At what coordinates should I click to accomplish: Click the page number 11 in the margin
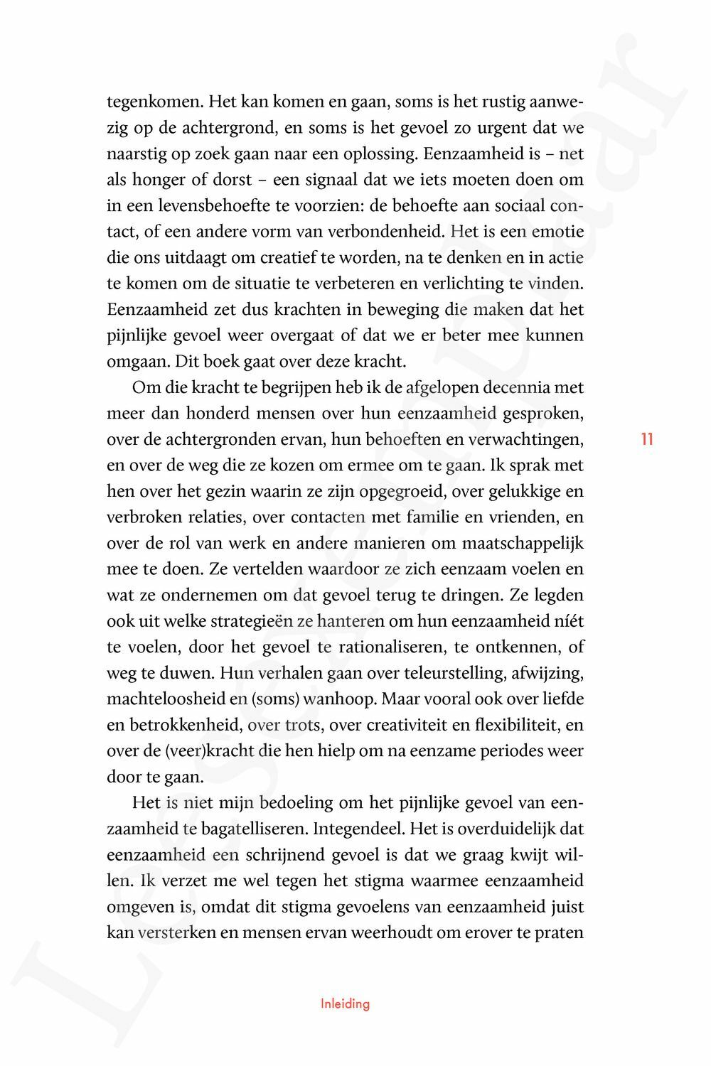coord(646,438)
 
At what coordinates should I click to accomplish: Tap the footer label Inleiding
coord(345,1004)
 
